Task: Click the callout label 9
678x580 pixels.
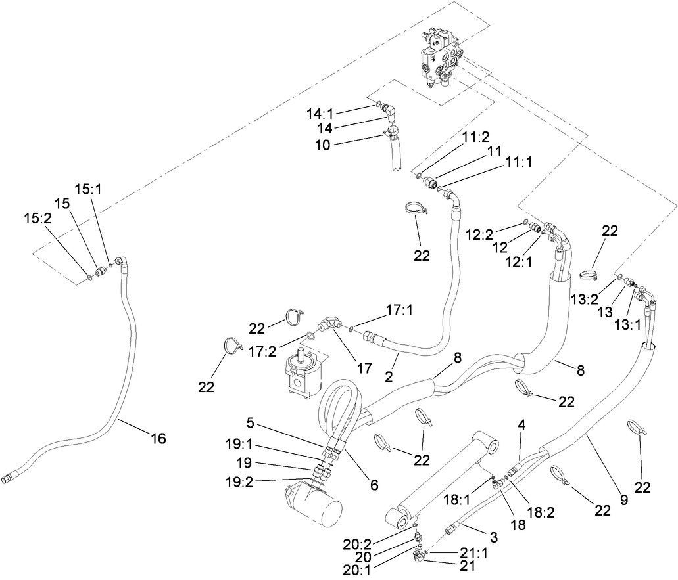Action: [x=624, y=500]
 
